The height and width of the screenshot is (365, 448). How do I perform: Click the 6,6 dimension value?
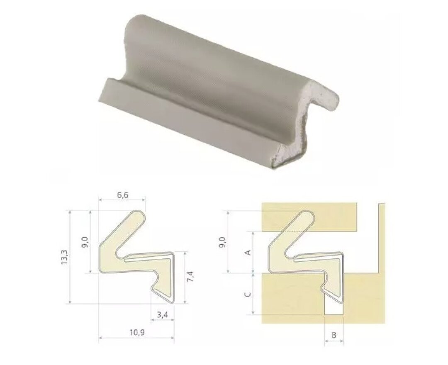[x=122, y=195]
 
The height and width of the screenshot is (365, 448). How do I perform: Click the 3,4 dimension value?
[x=162, y=315]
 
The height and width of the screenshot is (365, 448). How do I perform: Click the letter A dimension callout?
[x=248, y=253]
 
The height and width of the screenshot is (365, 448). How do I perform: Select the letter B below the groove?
[x=334, y=335]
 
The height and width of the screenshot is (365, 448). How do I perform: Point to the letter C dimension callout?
[x=248, y=294]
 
